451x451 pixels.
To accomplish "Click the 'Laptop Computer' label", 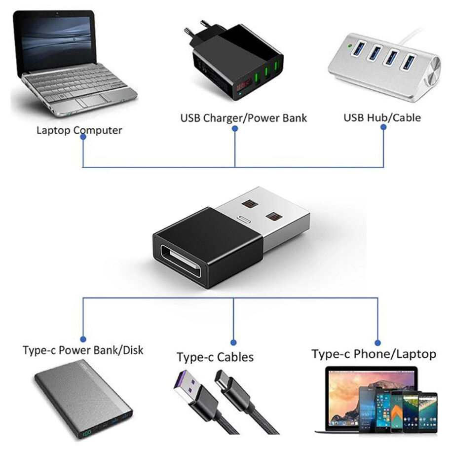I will [x=79, y=130].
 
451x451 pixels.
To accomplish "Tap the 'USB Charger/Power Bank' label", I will [x=243, y=118].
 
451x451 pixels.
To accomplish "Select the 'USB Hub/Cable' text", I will [x=382, y=117].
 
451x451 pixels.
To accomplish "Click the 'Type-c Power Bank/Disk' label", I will [x=83, y=350].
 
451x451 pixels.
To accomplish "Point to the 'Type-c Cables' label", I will [x=215, y=356].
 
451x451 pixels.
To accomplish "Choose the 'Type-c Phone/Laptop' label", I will [x=374, y=353].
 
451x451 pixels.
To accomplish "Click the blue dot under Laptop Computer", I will [x=83, y=138].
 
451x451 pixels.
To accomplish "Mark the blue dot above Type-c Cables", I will [x=233, y=341].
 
